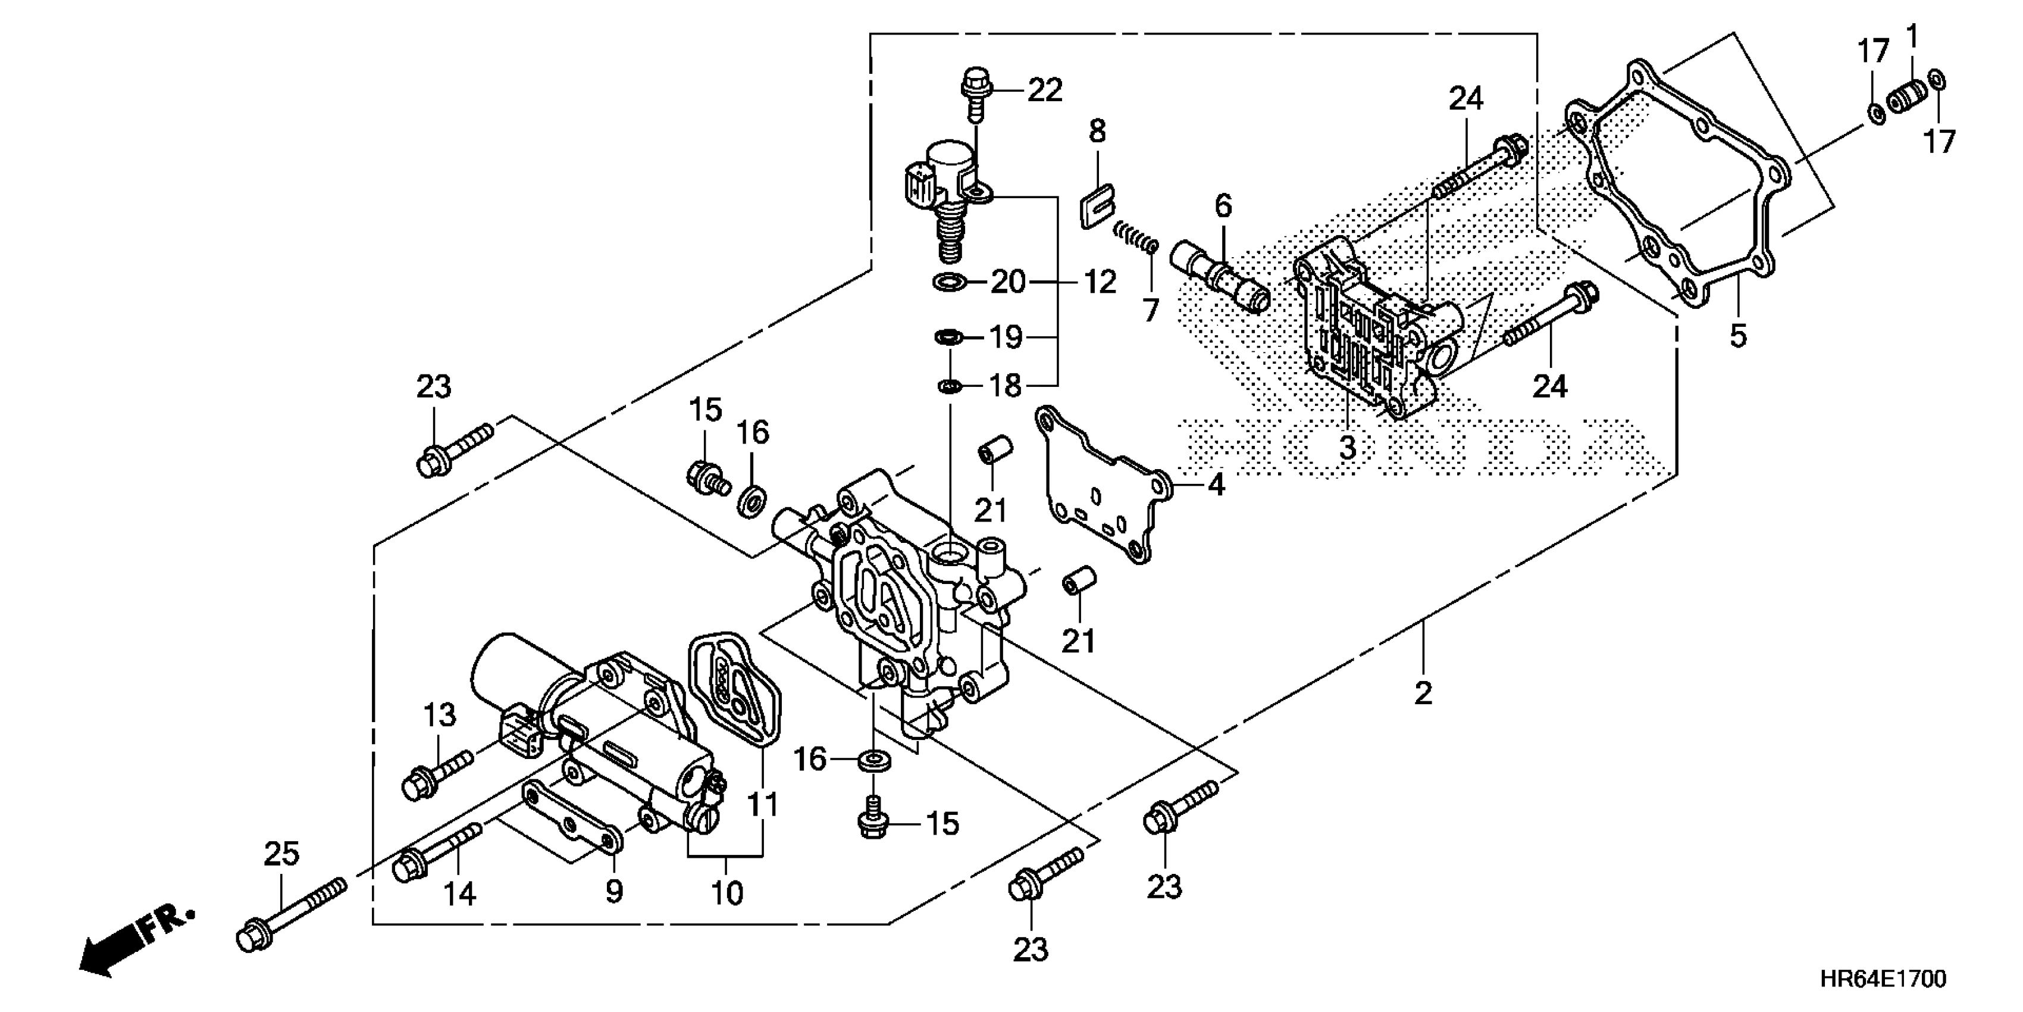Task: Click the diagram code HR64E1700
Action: [x=1883, y=979]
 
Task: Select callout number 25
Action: [x=281, y=854]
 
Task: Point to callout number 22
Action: [x=1044, y=90]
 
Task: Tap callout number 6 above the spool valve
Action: [x=1223, y=206]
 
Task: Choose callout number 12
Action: [x=1100, y=282]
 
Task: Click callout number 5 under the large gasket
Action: [x=1738, y=336]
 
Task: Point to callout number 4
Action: [x=1216, y=486]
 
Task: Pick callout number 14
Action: [x=459, y=894]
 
